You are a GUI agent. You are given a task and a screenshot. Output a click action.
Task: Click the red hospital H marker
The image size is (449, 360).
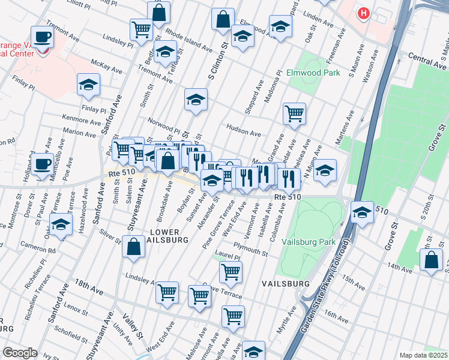point(363,13)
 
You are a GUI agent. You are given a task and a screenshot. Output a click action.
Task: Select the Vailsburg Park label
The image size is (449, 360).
point(310,243)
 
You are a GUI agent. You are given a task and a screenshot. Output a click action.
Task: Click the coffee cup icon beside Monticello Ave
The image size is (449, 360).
point(43,164)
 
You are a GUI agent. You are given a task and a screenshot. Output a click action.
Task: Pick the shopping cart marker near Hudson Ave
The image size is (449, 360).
point(294,113)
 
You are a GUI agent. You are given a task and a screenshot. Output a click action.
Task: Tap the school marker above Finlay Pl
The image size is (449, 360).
point(88,85)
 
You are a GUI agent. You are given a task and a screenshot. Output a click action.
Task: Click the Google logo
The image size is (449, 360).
point(20,353)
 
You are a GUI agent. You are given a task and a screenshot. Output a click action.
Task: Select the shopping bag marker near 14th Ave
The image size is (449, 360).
point(431,260)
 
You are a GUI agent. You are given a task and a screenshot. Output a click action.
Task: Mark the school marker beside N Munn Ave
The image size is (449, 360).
point(325,170)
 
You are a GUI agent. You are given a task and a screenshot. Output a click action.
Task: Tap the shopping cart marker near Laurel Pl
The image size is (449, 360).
point(231,272)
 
